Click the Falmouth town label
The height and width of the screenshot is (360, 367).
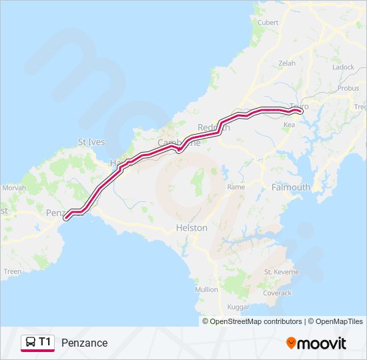(x=291, y=187)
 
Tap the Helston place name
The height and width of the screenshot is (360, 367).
(x=192, y=228)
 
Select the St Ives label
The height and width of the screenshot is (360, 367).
(x=91, y=142)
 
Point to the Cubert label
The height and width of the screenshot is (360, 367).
(x=268, y=22)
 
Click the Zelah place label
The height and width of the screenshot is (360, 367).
(x=287, y=63)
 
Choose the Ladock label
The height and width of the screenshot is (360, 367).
(x=343, y=67)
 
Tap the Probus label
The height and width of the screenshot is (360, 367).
(x=348, y=88)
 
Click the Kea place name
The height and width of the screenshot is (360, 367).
(x=289, y=125)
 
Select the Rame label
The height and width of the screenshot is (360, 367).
(x=236, y=187)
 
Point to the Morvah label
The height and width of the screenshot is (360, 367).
(x=14, y=188)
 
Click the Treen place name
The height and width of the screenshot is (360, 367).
(x=13, y=271)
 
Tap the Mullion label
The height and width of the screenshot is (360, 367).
(x=206, y=289)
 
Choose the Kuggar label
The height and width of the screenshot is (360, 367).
(x=238, y=307)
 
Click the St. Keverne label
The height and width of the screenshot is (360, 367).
(x=278, y=272)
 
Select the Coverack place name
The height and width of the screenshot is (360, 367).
(x=278, y=293)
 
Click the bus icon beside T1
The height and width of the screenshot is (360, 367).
(x=30, y=343)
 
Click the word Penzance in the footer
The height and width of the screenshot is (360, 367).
(x=84, y=343)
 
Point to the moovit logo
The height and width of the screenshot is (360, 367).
(x=316, y=343)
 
